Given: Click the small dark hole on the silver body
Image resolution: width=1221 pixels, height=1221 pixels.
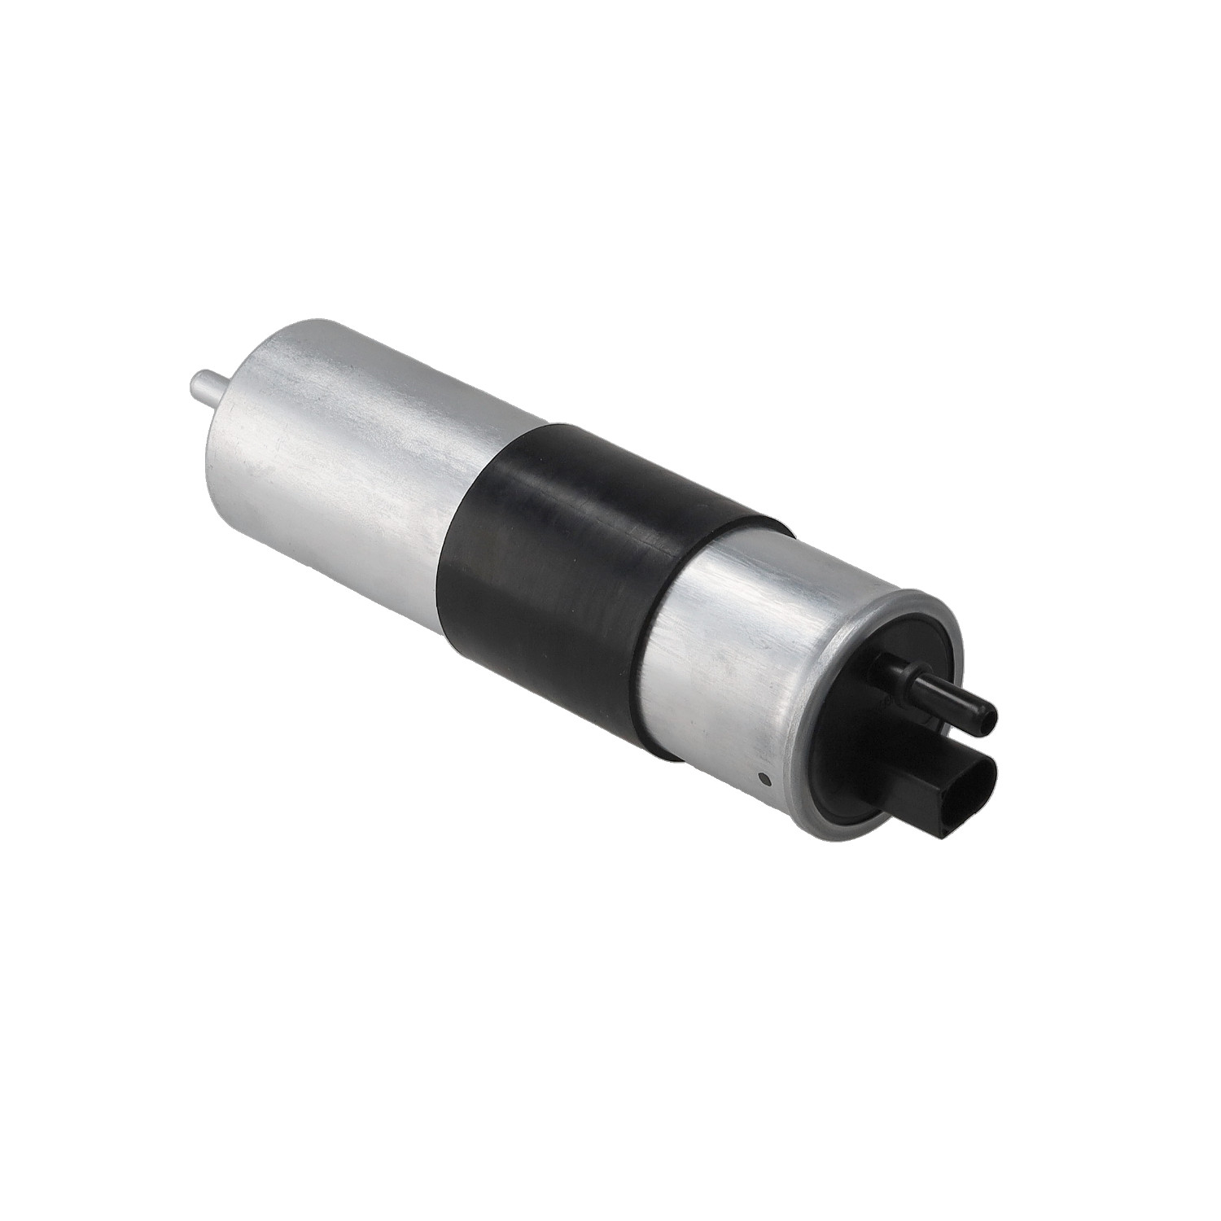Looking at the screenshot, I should (764, 779).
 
